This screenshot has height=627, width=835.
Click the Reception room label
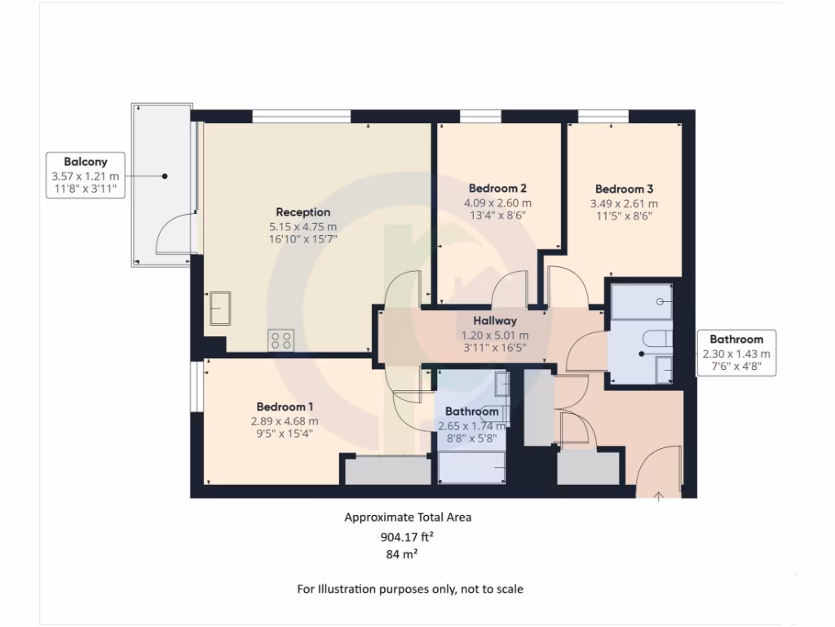[x=303, y=212]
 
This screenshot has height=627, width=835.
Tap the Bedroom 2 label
[x=497, y=187]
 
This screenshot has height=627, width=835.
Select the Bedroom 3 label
[x=624, y=187]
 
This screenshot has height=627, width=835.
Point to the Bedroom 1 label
[x=285, y=407]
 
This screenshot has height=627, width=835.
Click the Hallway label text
[x=495, y=322]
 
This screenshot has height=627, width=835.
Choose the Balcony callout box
[x=86, y=175]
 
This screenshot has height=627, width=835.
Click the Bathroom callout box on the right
[x=736, y=353]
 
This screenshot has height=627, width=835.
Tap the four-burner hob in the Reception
[x=281, y=340]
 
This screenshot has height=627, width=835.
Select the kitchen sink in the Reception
[x=219, y=308]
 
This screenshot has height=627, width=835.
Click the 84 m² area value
[x=401, y=554]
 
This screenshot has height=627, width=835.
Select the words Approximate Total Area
[x=408, y=517]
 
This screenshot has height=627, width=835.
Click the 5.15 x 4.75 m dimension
[x=303, y=227]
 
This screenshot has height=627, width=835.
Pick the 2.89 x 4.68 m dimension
[x=285, y=421]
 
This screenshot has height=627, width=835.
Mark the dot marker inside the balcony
[x=165, y=176]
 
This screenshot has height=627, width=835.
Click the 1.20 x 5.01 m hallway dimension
[x=495, y=336]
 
